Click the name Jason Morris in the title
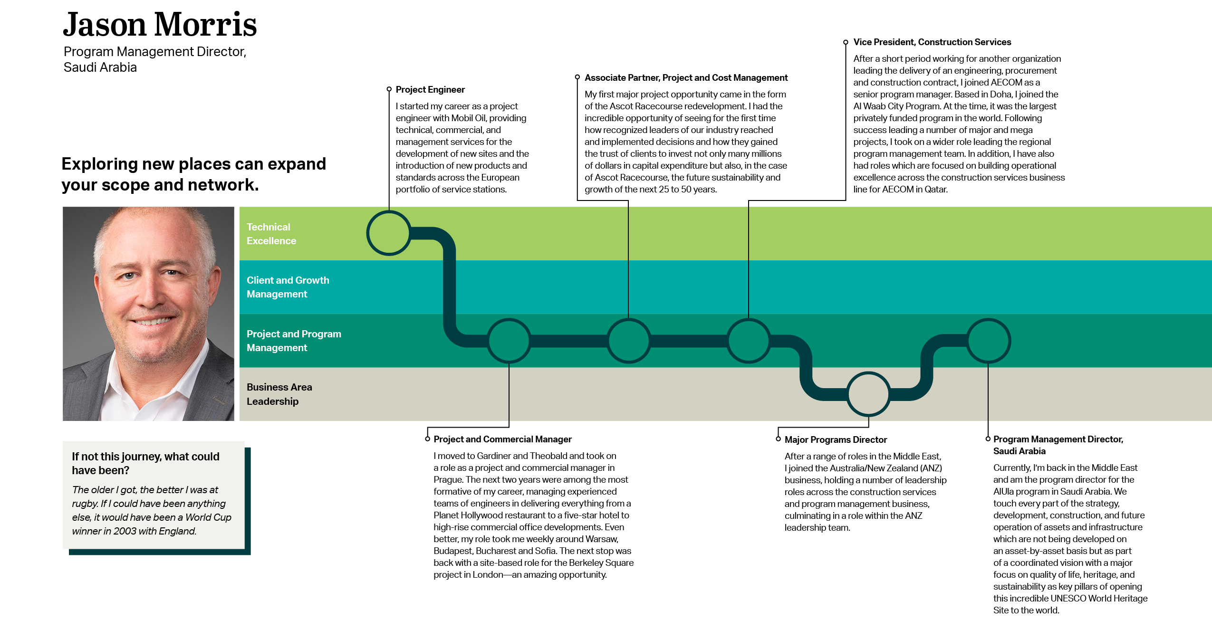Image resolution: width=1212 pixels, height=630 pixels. [x=160, y=25]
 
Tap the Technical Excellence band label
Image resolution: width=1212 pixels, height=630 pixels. [x=271, y=234]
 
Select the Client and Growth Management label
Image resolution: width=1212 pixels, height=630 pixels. [x=288, y=287]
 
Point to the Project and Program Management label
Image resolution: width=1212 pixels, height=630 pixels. [x=293, y=341]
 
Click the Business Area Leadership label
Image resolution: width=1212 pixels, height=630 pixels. [x=279, y=394]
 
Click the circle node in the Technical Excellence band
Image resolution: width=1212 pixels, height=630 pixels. [x=389, y=233]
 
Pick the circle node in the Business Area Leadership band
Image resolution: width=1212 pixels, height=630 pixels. [x=868, y=394]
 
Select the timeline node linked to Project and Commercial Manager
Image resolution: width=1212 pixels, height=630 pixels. [x=509, y=341]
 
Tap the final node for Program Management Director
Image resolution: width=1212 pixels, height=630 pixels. [x=988, y=341]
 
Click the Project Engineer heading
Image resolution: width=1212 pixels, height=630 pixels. [x=430, y=90]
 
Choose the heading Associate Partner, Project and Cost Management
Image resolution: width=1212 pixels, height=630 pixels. [x=686, y=78]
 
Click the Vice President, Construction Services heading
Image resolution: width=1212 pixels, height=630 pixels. [x=932, y=42]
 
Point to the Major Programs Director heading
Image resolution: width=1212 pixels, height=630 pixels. [x=835, y=440]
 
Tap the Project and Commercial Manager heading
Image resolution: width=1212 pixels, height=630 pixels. [x=502, y=439]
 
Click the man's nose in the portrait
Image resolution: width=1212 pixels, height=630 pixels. [x=151, y=295]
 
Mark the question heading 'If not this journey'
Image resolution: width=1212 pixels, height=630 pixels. [x=145, y=463]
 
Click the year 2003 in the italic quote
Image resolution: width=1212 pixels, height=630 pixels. [x=125, y=531]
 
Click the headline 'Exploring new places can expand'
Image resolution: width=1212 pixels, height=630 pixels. [x=193, y=164]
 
